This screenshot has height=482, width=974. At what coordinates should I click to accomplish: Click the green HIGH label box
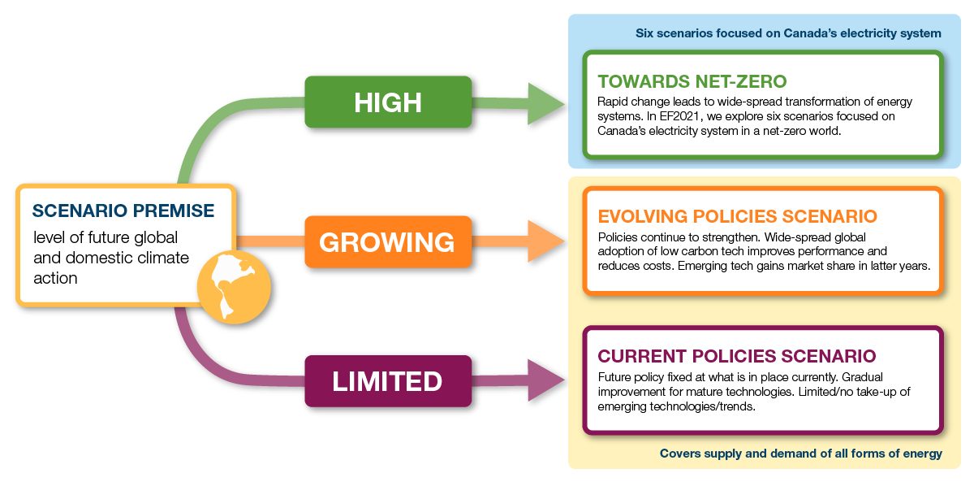[x=388, y=102]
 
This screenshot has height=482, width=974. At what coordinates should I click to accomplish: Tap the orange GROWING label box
[x=387, y=241]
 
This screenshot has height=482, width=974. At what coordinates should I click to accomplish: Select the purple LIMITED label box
[x=387, y=381]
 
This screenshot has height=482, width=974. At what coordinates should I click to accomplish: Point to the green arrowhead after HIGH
[x=546, y=102]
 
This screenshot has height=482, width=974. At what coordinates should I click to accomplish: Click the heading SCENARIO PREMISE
[x=123, y=211]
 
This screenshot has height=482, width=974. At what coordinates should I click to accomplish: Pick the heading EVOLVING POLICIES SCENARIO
[x=737, y=216]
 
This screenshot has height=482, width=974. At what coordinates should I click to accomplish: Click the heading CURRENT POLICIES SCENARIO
[x=736, y=356]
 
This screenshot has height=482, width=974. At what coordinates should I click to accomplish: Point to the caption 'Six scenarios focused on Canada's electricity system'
[x=788, y=33]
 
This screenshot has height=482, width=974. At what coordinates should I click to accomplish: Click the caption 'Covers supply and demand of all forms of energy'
[x=800, y=454]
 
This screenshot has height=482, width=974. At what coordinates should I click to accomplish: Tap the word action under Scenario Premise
[x=55, y=278]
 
